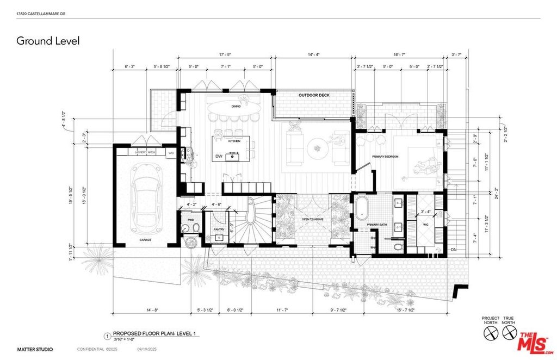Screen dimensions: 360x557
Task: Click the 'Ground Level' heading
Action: coord(48,41)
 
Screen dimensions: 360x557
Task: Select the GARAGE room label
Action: coord(145,239)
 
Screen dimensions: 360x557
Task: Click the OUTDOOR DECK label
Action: coord(314,96)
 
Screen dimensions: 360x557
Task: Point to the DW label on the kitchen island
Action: coord(218,156)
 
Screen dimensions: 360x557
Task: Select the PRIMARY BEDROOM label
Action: coord(385,157)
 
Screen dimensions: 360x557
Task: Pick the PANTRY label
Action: coord(219,229)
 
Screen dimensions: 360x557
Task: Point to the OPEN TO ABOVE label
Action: coord(312,219)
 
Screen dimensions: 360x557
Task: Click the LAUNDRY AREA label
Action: coord(145,153)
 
